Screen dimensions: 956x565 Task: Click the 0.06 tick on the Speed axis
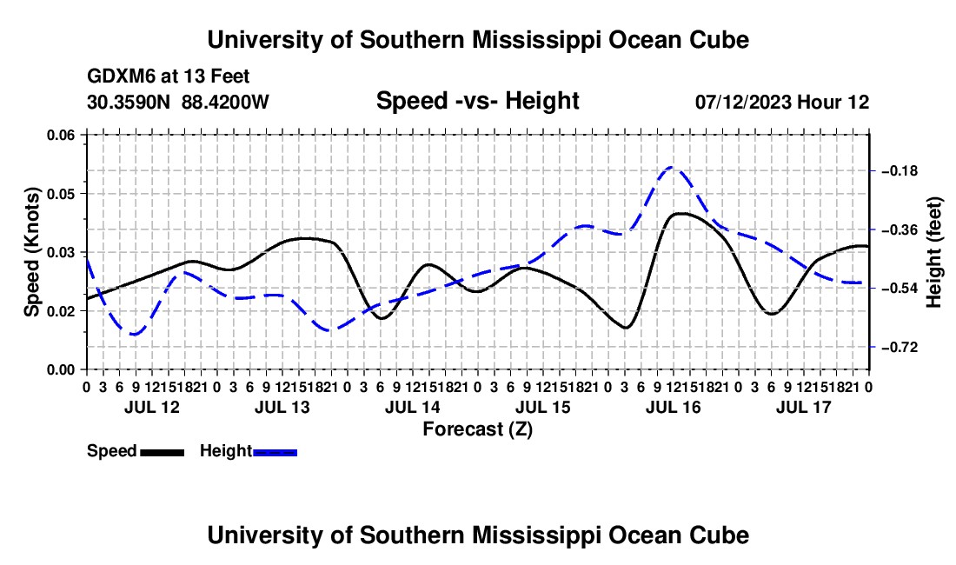[x=61, y=136]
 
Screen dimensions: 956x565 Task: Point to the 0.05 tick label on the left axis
[x=61, y=194]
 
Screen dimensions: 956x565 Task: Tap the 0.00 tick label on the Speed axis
[x=61, y=370]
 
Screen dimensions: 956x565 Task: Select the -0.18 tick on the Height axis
[x=900, y=170]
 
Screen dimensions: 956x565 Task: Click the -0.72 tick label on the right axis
[x=900, y=348]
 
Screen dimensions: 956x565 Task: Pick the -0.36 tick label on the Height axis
[x=900, y=229]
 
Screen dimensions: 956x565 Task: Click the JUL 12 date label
[x=152, y=407]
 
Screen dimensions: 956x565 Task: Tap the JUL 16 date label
[x=673, y=407]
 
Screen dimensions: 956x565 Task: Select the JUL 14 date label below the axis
[x=412, y=407]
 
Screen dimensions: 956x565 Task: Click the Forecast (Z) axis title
[x=477, y=429]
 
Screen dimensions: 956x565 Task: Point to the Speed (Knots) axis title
[x=32, y=252]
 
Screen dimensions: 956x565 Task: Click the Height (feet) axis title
[x=934, y=252]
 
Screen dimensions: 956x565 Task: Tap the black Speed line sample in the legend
[x=163, y=452]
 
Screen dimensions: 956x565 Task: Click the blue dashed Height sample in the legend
[x=275, y=452]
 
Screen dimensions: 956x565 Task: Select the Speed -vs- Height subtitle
[x=477, y=101]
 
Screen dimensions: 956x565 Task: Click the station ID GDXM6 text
[x=122, y=76]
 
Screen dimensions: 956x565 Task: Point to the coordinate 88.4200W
[x=225, y=102]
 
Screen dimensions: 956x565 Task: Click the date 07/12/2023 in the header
[x=742, y=102]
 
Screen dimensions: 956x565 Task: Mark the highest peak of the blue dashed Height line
[x=671, y=166]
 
